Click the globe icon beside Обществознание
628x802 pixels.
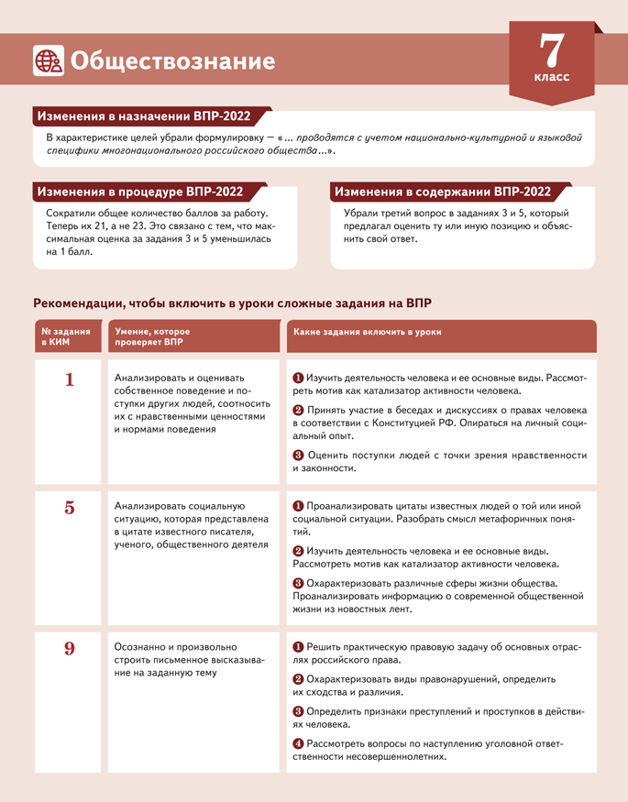(x=48, y=60)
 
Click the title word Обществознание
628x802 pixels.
(x=172, y=61)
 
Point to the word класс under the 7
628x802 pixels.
(x=552, y=77)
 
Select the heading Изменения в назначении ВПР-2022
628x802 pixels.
(x=141, y=117)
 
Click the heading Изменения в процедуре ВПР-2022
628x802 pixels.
(x=138, y=192)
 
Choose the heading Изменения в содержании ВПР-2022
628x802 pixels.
(x=443, y=192)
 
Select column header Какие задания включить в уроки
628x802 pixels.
(x=367, y=332)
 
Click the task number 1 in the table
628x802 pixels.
(x=70, y=379)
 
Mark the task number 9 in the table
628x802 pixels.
(x=70, y=649)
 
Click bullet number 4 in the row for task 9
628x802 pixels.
(x=298, y=743)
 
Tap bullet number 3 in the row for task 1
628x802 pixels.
(x=298, y=456)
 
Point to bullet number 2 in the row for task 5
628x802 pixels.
(x=298, y=551)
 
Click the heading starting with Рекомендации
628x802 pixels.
(x=232, y=303)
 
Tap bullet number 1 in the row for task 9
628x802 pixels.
(x=298, y=647)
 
